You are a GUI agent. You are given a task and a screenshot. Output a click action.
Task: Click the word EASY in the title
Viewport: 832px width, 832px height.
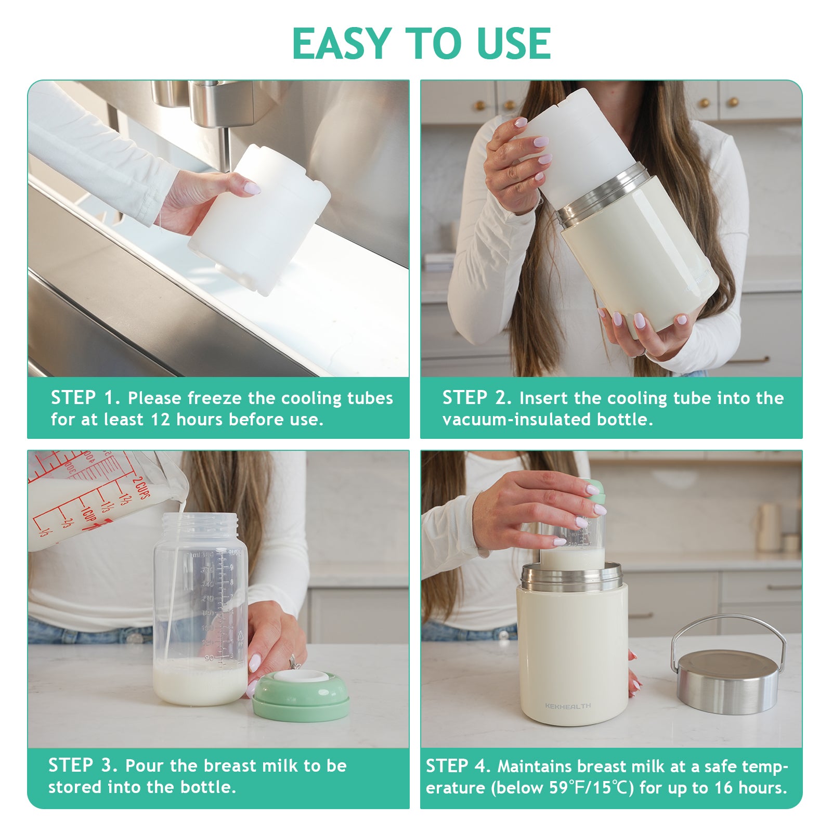coord(341,44)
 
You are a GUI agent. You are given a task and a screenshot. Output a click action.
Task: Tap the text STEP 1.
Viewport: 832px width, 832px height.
coord(85,398)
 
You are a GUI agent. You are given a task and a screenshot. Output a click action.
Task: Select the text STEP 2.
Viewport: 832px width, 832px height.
coord(477,398)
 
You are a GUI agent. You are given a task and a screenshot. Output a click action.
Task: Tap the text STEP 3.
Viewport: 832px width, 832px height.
coord(83,765)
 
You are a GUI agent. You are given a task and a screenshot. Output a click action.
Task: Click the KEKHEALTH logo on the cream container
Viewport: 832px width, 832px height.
coord(568,706)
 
